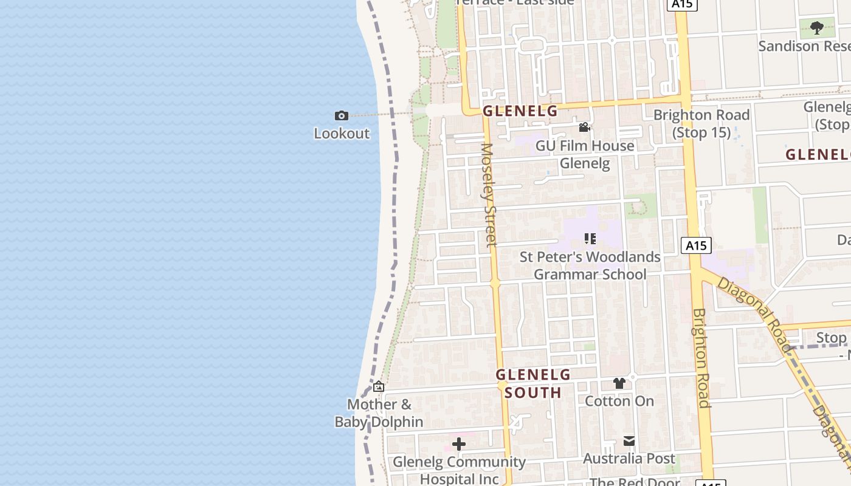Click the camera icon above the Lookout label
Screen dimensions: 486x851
341,115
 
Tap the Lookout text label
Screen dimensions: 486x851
342,133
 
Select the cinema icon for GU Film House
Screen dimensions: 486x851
584,127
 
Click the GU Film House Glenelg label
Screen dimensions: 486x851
585,154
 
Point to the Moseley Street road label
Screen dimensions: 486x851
488,194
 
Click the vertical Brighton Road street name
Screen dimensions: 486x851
701,358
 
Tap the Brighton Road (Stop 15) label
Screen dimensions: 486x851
701,123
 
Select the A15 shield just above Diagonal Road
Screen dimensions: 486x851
696,245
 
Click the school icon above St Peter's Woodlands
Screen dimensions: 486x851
590,239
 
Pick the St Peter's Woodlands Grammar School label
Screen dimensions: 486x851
590,265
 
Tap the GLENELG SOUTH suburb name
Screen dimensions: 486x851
533,383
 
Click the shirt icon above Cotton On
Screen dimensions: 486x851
619,383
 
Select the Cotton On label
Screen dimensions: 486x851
619,401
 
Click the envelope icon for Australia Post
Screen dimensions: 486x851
629,440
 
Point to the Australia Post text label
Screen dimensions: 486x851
629,458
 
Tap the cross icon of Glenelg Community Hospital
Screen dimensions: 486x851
459,444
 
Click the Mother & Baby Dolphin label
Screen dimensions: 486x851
379,413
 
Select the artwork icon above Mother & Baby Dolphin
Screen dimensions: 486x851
379,386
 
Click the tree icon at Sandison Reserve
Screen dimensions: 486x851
817,27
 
